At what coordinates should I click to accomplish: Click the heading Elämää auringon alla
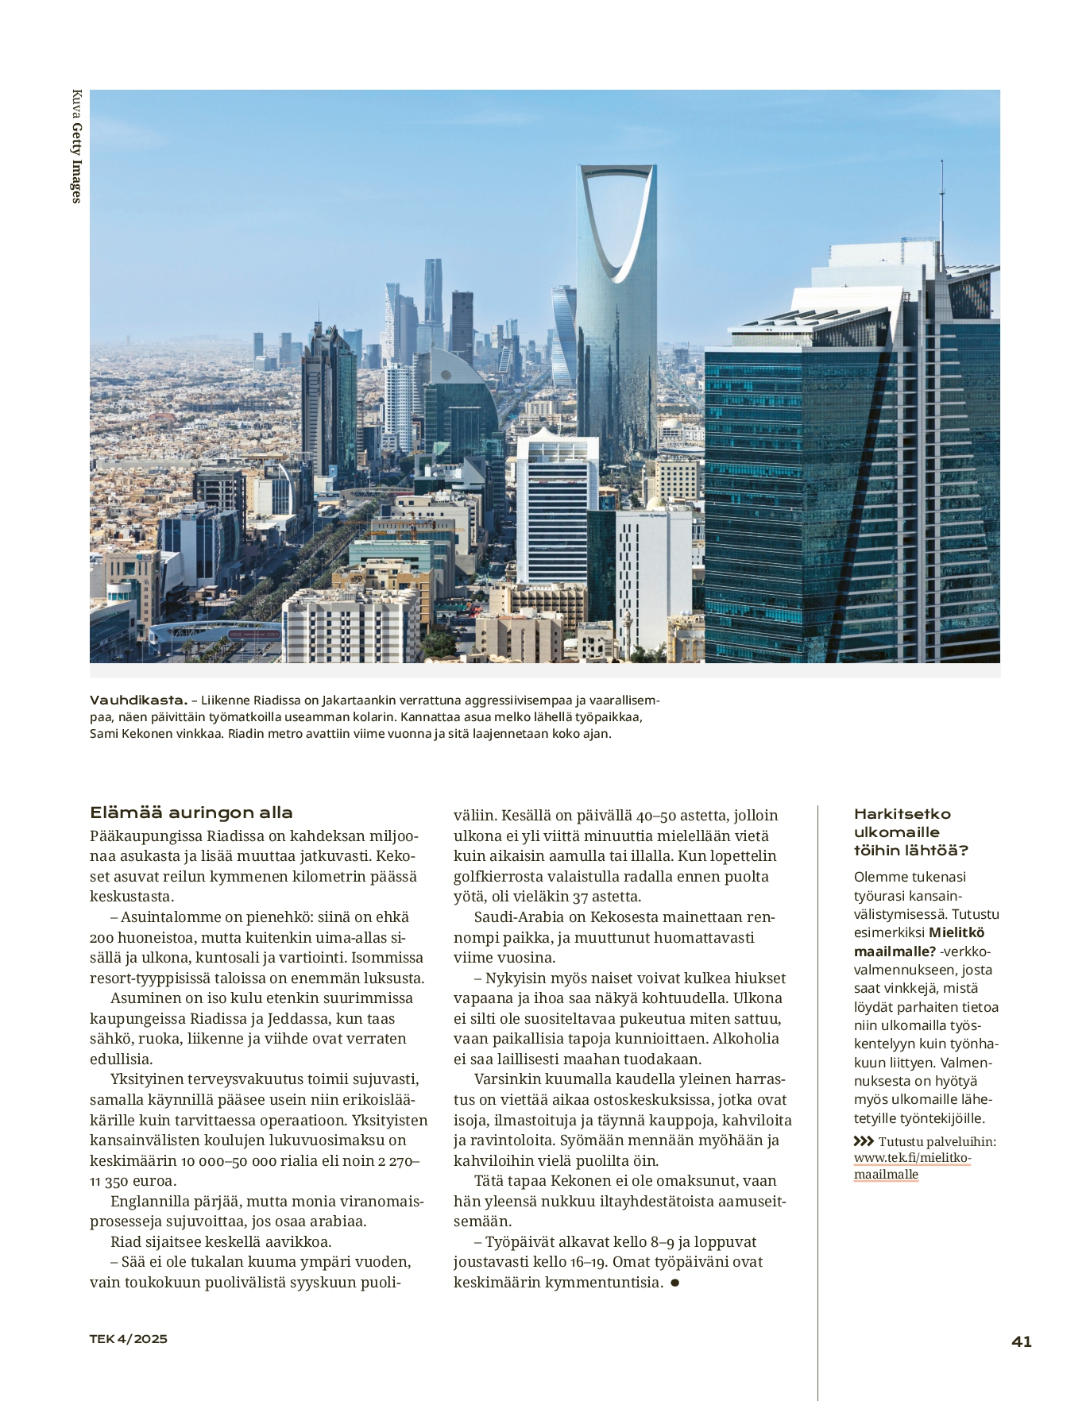coord(191,812)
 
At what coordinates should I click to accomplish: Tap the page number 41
coord(1022,1341)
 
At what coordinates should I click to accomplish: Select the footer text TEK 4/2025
coord(129,1339)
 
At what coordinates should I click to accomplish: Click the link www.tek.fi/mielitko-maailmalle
coord(912,1166)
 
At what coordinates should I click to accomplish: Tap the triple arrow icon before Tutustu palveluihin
coord(864,1141)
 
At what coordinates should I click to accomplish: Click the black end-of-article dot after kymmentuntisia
coord(674,1283)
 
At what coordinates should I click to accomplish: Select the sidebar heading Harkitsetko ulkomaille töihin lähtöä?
coord(910,832)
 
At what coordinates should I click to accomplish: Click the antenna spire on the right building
coord(942,206)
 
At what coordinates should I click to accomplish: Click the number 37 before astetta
coord(580,897)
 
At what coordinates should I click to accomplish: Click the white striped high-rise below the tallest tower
coord(556,508)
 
